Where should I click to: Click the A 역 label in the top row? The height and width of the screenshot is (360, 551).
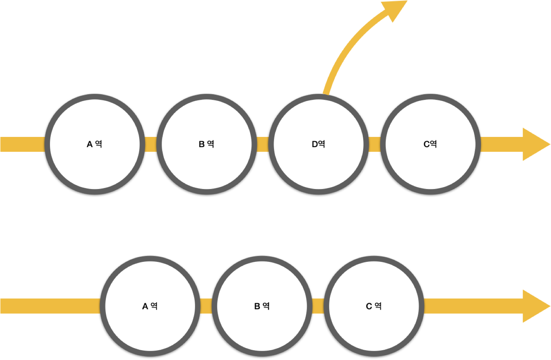94,144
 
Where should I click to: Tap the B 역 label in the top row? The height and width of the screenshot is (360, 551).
206,144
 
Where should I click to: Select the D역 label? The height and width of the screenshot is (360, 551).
318,144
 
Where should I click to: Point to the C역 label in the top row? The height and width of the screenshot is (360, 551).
430,144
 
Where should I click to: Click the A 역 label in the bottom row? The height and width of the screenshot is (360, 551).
150,306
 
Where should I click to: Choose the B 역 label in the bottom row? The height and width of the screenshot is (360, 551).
262,306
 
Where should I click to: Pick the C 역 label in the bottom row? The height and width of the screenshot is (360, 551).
373,306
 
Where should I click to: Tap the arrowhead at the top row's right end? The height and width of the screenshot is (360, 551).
535,144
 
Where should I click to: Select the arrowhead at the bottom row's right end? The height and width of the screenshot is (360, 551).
535,306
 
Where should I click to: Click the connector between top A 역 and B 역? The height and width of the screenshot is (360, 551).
151,144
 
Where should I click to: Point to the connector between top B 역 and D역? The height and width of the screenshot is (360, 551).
262,144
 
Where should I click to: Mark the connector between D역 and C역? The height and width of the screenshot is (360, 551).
374,144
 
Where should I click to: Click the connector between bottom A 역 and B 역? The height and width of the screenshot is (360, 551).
206,306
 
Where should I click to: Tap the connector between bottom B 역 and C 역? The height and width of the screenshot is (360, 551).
318,306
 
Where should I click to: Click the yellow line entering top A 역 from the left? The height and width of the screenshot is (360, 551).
22,144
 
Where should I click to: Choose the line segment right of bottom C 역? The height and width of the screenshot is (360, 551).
471,306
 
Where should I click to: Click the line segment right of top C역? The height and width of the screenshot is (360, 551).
500,144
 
